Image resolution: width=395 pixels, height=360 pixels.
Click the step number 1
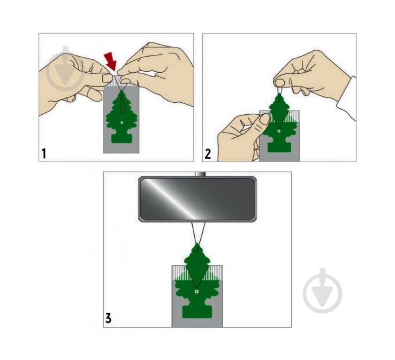44,154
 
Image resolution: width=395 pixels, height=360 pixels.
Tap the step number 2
208,154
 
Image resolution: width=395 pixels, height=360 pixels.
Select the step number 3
108,318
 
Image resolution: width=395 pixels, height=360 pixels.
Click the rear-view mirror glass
197,199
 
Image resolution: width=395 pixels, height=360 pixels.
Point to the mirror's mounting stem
201,174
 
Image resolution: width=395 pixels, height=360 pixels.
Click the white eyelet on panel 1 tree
122,123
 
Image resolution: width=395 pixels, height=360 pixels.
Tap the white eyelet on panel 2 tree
279,131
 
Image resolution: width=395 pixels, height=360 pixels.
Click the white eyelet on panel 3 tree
196,291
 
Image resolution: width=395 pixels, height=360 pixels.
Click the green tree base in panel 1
122,138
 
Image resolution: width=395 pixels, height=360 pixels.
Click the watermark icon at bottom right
323,291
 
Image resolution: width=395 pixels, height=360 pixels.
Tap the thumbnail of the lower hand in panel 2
265,119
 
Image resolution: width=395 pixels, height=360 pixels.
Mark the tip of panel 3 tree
197,243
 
